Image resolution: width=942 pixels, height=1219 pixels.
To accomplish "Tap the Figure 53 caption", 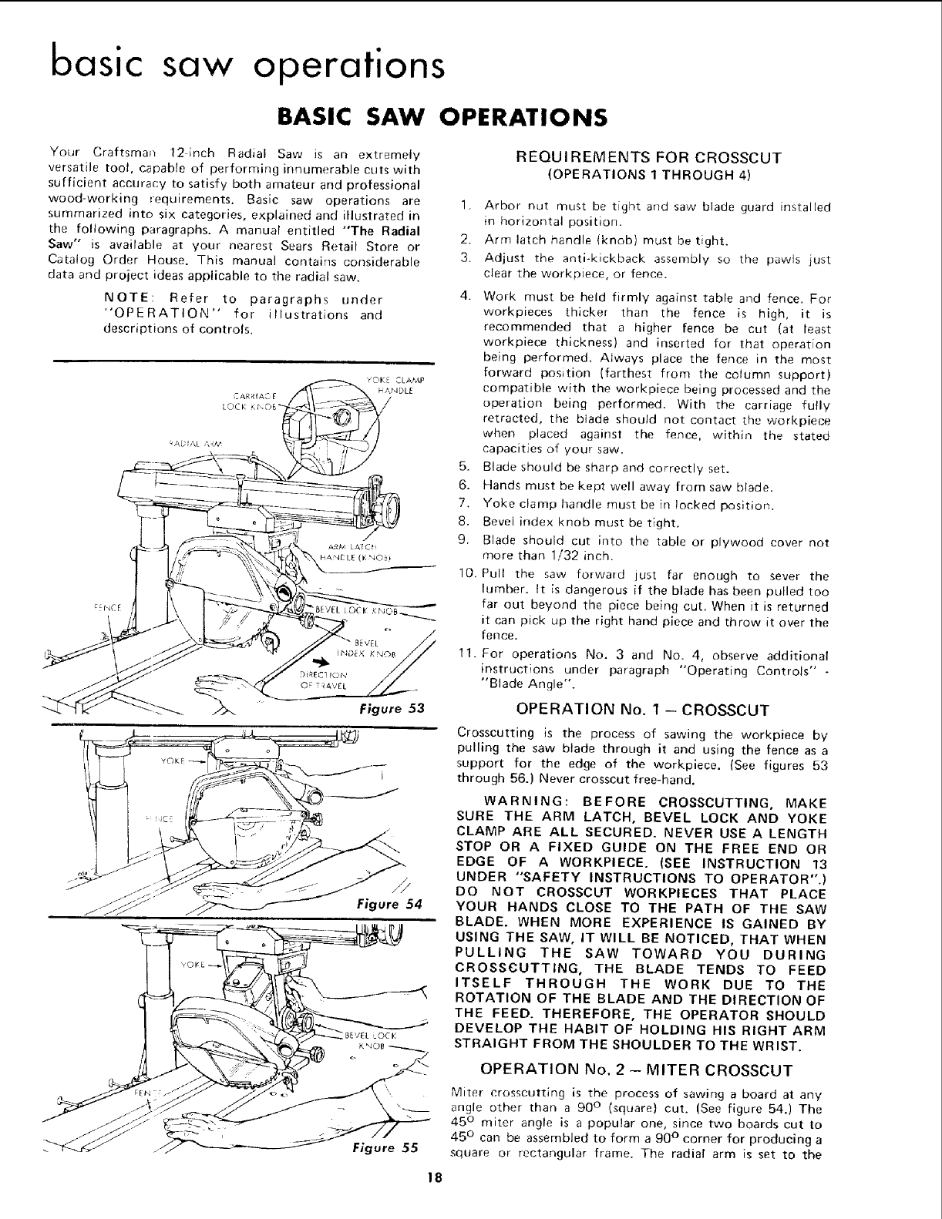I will [x=392, y=707].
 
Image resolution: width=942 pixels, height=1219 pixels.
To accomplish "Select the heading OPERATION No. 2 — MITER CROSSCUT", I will [x=636, y=1070].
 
